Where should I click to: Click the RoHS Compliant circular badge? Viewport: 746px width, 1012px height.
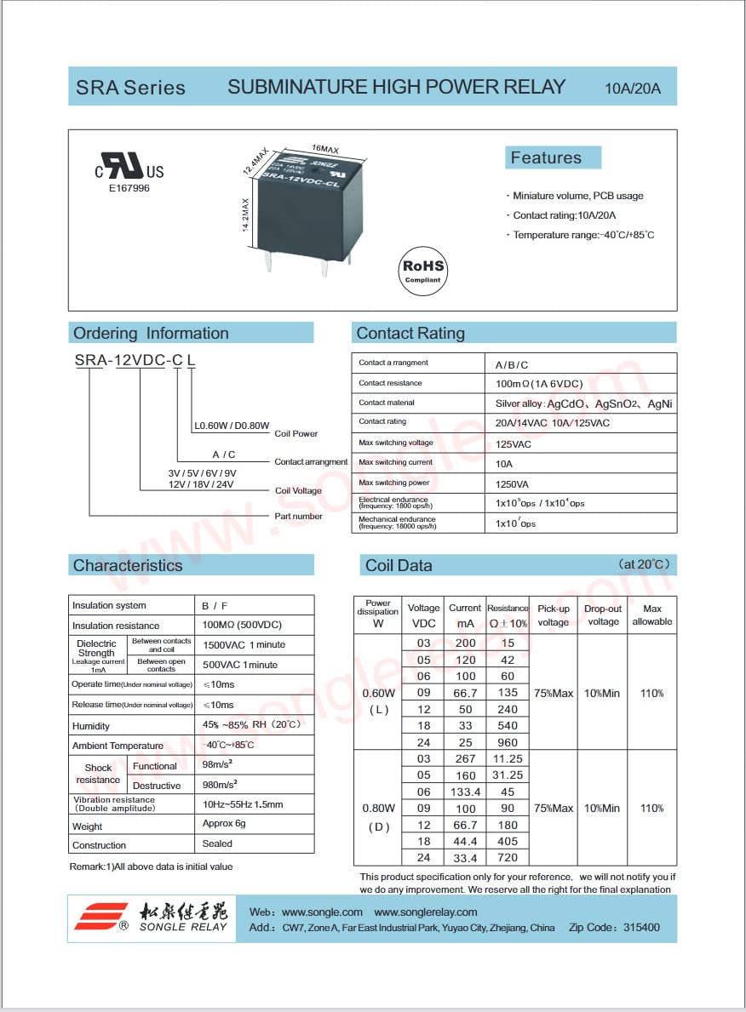(423, 270)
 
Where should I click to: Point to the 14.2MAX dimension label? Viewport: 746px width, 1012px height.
(245, 214)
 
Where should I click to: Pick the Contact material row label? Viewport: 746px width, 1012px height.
(387, 403)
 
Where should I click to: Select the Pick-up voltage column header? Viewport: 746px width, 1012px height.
(553, 615)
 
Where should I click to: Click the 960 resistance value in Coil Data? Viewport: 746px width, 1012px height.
(508, 742)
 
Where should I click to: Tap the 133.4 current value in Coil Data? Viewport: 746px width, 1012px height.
(464, 792)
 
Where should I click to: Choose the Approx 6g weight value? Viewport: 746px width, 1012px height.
(223, 824)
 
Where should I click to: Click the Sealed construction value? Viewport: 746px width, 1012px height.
(217, 844)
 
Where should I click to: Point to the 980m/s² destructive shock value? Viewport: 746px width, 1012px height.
(220, 785)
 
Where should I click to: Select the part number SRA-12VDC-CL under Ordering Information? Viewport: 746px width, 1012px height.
(135, 360)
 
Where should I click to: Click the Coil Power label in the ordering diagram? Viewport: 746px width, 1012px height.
(296, 434)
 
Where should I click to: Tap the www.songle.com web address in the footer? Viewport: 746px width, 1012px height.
(322, 912)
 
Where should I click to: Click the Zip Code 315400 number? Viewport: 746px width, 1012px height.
(640, 928)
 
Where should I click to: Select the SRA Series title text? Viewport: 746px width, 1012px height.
(130, 88)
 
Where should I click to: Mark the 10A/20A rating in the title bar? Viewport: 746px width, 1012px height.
(633, 89)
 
